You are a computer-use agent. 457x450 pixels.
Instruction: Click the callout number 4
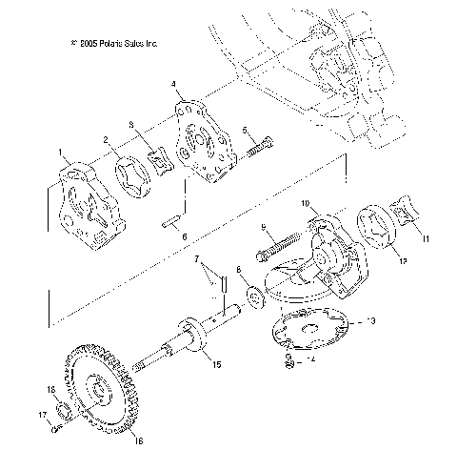coord(173,85)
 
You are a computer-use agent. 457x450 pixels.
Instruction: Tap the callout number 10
coord(306,203)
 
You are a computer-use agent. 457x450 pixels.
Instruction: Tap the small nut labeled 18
coord(59,412)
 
